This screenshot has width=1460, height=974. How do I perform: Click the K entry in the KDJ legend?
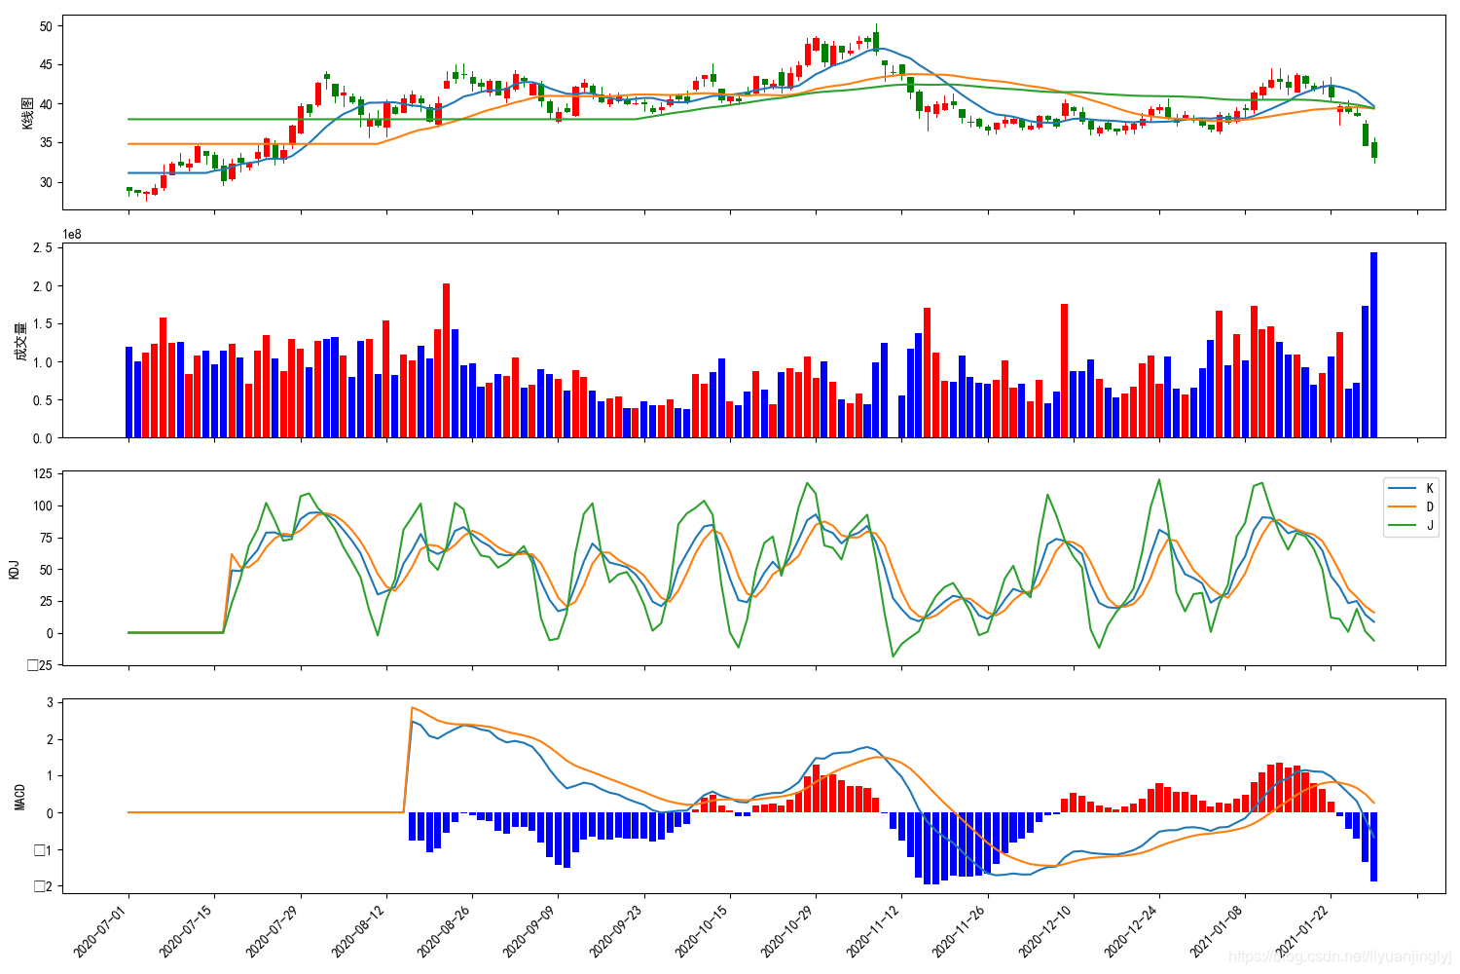click(1429, 488)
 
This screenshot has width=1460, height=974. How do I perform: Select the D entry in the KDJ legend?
click(1429, 506)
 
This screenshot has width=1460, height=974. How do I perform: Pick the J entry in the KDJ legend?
click(1429, 525)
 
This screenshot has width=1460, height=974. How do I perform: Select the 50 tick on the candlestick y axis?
click(46, 26)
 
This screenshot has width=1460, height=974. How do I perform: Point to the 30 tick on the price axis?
click(46, 182)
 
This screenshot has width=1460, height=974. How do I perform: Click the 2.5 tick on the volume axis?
click(43, 248)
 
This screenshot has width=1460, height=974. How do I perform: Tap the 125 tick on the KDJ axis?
click(42, 475)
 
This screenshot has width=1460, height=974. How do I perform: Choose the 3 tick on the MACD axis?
click(50, 702)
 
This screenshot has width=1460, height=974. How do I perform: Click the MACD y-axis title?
click(20, 797)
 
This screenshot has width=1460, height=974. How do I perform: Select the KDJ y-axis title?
click(15, 569)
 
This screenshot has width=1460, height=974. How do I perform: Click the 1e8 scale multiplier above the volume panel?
click(73, 234)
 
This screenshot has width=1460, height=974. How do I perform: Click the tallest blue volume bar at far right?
click(1373, 345)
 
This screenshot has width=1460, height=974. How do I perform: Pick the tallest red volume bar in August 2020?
click(446, 360)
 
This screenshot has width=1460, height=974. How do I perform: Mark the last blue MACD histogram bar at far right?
click(1373, 846)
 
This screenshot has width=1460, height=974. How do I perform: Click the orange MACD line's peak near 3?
click(412, 707)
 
